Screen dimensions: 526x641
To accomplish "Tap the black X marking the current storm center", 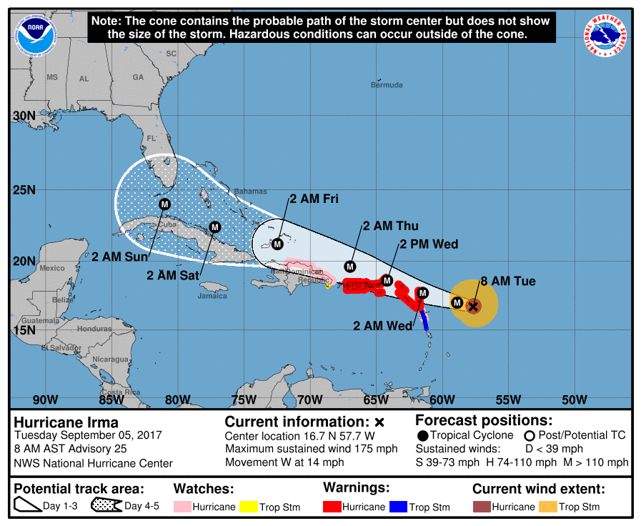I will click(472, 306).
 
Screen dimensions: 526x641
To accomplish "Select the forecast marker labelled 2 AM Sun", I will click(165, 204).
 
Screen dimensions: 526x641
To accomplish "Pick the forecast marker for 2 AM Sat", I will click(214, 227).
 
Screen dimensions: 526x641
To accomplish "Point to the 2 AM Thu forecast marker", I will click(350, 266).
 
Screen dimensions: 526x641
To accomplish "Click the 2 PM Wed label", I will click(429, 244).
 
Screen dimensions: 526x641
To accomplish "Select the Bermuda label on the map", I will click(387, 85).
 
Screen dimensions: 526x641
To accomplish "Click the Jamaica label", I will click(213, 295).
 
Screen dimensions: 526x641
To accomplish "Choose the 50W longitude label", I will click(574, 400).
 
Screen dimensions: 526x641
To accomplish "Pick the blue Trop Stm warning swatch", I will click(398, 507).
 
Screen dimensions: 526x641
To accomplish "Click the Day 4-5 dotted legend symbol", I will click(105, 506).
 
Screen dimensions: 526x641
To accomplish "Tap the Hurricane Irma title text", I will click(66, 422).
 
